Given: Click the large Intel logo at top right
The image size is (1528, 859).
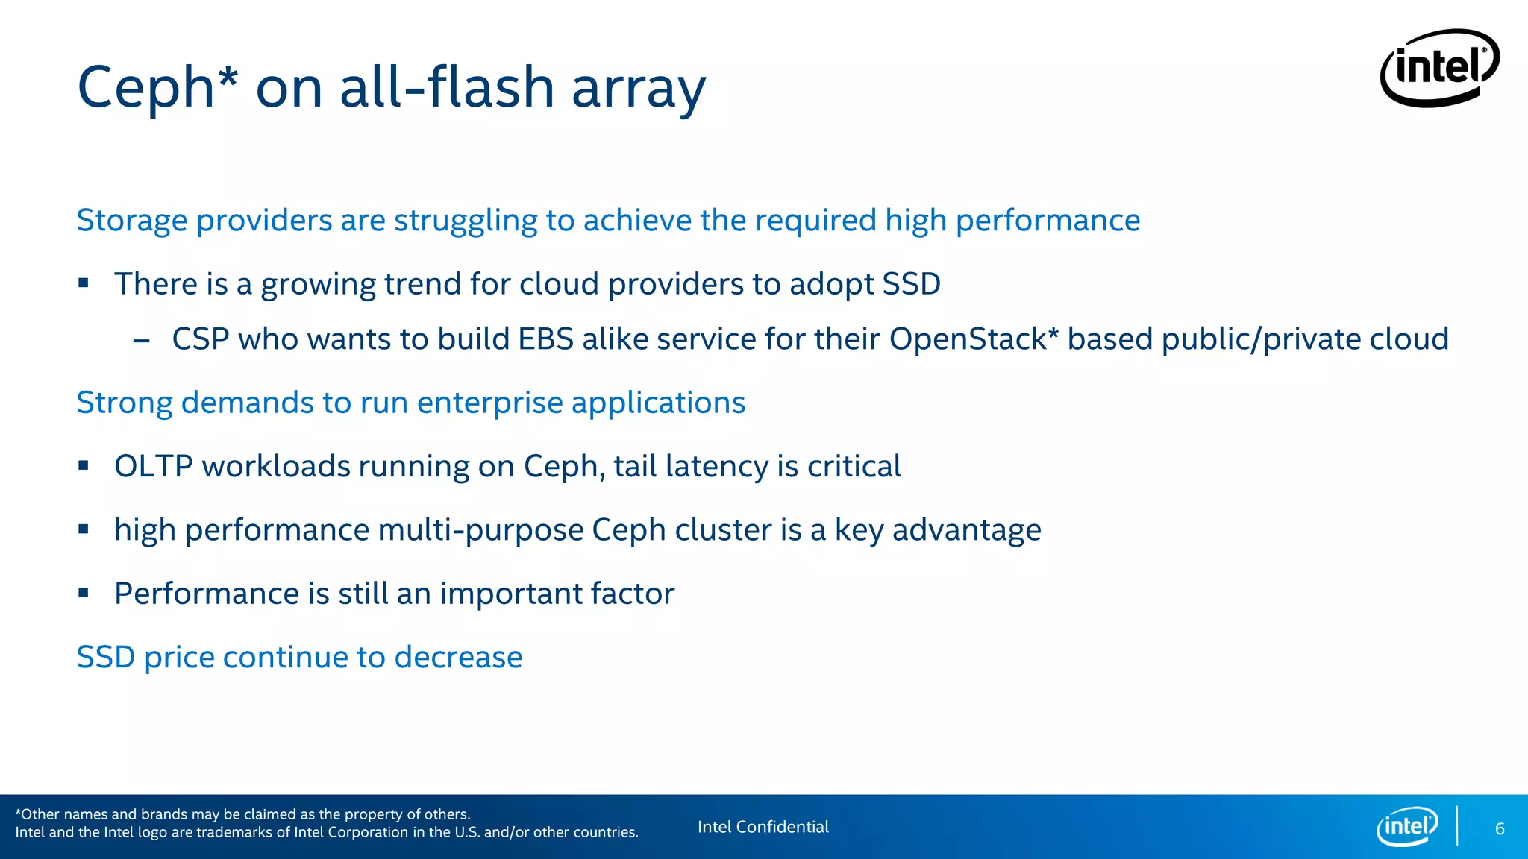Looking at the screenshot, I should (x=1440, y=68).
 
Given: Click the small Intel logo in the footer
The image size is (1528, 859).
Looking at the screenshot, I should (x=1407, y=826).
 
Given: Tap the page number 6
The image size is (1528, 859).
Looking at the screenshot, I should (x=1500, y=829).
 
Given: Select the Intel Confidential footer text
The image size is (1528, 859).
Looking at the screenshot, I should (x=763, y=827).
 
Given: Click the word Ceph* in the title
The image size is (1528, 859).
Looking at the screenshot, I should (x=157, y=87).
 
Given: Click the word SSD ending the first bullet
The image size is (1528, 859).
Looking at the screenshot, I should (x=911, y=284).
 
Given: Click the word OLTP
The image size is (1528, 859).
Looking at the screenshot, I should (x=154, y=467).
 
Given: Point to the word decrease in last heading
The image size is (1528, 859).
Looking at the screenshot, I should (x=458, y=658).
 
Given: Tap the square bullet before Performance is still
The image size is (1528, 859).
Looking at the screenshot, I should (x=84, y=594).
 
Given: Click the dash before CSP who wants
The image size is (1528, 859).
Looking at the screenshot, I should (x=141, y=342).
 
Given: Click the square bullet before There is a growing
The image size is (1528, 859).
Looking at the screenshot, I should (x=84, y=283).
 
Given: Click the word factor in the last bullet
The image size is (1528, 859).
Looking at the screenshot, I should (x=633, y=594).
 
